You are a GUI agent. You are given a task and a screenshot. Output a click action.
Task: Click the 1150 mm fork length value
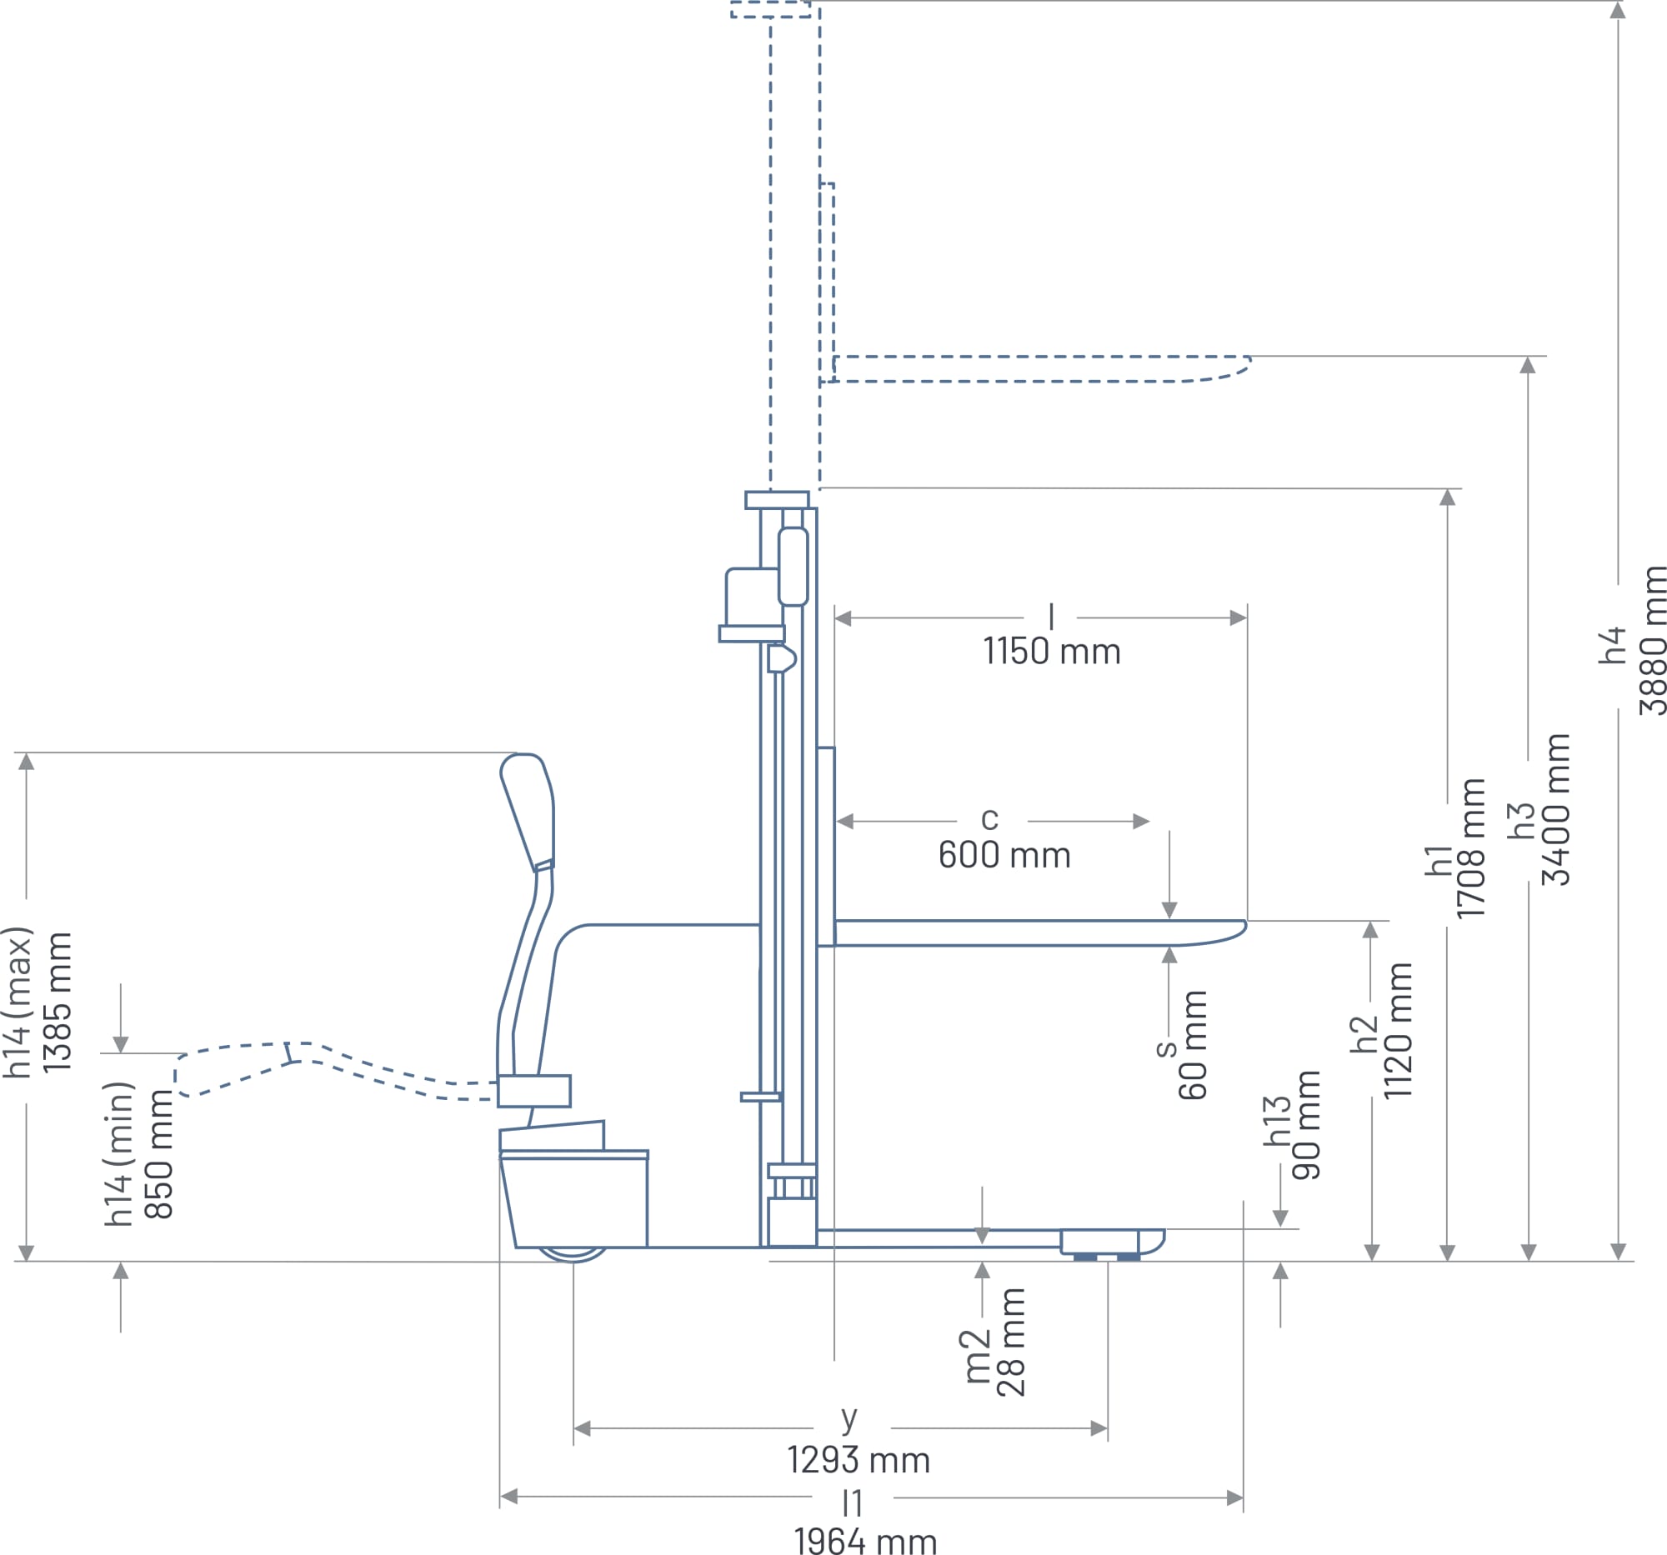coord(1052,652)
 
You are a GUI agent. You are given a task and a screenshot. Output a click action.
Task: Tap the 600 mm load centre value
coord(1004,855)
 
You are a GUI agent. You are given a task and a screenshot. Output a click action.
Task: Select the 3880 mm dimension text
coord(1652,642)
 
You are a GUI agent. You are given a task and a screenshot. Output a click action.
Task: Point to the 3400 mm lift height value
coord(1555,810)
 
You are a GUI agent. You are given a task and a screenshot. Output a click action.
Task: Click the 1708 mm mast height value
coord(1471,848)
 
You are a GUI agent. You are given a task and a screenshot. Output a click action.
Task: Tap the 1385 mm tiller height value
coord(58,1002)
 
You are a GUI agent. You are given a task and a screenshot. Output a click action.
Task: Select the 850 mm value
coord(158,1153)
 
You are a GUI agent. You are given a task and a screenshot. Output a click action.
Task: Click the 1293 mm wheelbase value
coord(859,1459)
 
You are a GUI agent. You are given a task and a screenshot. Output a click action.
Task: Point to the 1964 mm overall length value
coord(865,1542)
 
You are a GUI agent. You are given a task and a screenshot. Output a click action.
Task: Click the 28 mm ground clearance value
coord(1010,1342)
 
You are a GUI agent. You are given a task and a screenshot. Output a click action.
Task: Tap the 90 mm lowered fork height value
coord(1305,1125)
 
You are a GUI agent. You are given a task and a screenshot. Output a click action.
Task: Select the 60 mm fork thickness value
coord(1193,1044)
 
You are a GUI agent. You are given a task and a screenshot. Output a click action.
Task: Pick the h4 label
coord(1612,646)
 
